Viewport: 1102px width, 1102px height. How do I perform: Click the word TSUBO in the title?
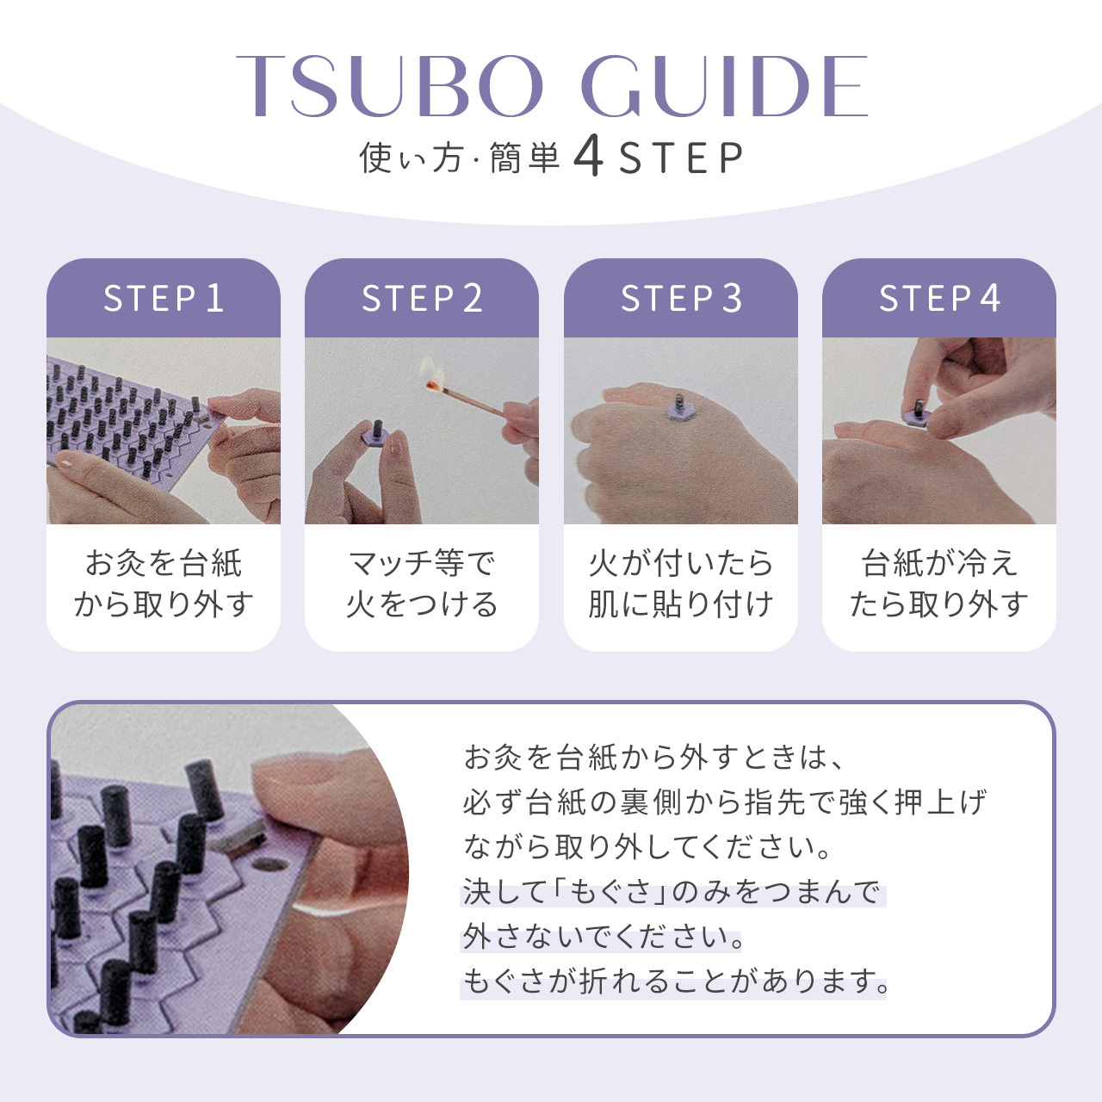390,86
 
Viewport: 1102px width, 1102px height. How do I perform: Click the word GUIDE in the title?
725,86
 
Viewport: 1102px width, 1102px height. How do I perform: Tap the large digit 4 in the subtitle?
588,156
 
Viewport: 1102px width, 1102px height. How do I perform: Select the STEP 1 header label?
164,298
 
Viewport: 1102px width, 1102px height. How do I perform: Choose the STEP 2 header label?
422,298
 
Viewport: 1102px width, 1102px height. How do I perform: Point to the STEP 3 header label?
681,298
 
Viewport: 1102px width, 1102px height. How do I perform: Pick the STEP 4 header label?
939,298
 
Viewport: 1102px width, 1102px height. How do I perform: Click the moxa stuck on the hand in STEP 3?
679,406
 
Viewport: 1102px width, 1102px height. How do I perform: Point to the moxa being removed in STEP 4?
917,414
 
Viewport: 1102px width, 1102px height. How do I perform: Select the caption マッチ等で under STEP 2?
422,563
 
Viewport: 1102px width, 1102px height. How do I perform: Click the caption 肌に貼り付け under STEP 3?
681,604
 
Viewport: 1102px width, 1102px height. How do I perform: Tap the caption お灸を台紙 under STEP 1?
164,563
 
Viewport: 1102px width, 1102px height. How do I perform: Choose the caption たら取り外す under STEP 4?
939,604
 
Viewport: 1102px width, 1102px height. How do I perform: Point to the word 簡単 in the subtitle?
524,158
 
